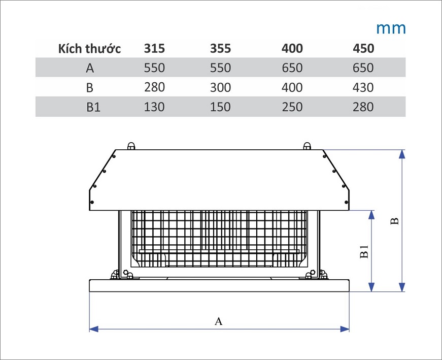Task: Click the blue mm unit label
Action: pyautogui.click(x=391, y=28)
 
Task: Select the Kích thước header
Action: pyautogui.click(x=89, y=49)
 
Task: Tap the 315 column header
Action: pyautogui.click(x=154, y=49)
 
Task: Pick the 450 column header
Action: pyautogui.click(x=363, y=49)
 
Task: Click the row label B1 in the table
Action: pyautogui.click(x=93, y=107)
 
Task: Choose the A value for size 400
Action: pyautogui.click(x=292, y=68)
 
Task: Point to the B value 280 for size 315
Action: pyautogui.click(x=154, y=87)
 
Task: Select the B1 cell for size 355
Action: pyautogui.click(x=220, y=107)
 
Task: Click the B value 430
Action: pyautogui.click(x=363, y=87)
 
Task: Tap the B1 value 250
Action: pyautogui.click(x=292, y=107)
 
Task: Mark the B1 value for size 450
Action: pyautogui.click(x=363, y=107)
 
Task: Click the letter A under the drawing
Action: pyautogui.click(x=219, y=321)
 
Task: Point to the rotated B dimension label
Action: pyautogui.click(x=395, y=221)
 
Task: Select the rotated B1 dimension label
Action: pyautogui.click(x=364, y=251)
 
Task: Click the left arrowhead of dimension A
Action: pyautogui.click(x=94, y=329)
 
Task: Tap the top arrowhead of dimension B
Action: pyautogui.click(x=402, y=154)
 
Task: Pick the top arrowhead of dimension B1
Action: pyautogui.click(x=372, y=215)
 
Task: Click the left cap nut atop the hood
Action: pyautogui.click(x=131, y=146)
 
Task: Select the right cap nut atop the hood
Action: pyautogui.click(x=307, y=146)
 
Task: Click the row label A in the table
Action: pyautogui.click(x=90, y=68)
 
